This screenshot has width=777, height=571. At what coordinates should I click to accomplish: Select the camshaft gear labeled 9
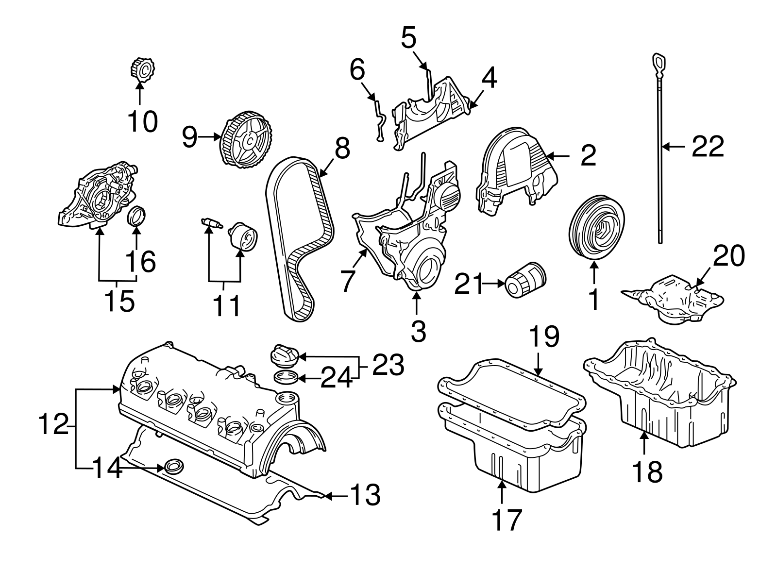click(246, 138)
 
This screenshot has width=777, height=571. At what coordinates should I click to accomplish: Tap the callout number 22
click(708, 146)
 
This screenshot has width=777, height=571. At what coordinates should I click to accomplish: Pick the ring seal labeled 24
click(287, 377)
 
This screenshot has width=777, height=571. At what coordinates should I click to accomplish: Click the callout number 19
click(544, 336)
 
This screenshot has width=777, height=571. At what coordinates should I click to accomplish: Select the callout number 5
click(409, 38)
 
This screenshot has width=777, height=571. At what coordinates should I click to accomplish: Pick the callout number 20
click(728, 256)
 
